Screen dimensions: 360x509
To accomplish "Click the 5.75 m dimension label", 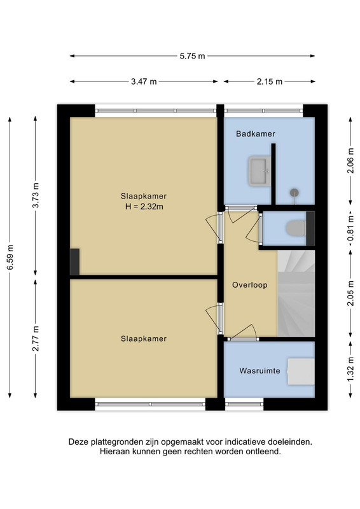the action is (192, 56).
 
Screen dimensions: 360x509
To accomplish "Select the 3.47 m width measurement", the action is (144, 81).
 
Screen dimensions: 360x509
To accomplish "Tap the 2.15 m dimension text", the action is (270, 81).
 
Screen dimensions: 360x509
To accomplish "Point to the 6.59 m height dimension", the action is (10, 257).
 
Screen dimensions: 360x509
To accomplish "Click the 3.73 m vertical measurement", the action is (36, 195).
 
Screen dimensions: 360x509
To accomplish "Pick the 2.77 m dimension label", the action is (36, 338).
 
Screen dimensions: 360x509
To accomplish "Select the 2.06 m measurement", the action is (350, 161).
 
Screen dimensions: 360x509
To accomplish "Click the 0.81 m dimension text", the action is (350, 229).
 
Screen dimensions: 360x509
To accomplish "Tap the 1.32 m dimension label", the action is (350, 370).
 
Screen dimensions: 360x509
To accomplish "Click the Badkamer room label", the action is (256, 134).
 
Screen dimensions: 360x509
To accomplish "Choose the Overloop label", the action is (249, 285).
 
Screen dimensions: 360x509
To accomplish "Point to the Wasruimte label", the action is (260, 371).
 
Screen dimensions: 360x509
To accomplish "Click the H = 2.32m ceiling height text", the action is (144, 206).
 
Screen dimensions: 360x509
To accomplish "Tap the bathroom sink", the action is (260, 171).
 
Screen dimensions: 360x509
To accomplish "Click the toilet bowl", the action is (295, 228).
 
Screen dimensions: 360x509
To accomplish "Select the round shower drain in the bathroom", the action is (294, 193).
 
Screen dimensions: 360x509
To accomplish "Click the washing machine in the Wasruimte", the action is (301, 372).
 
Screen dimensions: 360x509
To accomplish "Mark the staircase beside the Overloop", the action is (296, 293).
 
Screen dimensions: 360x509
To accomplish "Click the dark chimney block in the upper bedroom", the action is (74, 261).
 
